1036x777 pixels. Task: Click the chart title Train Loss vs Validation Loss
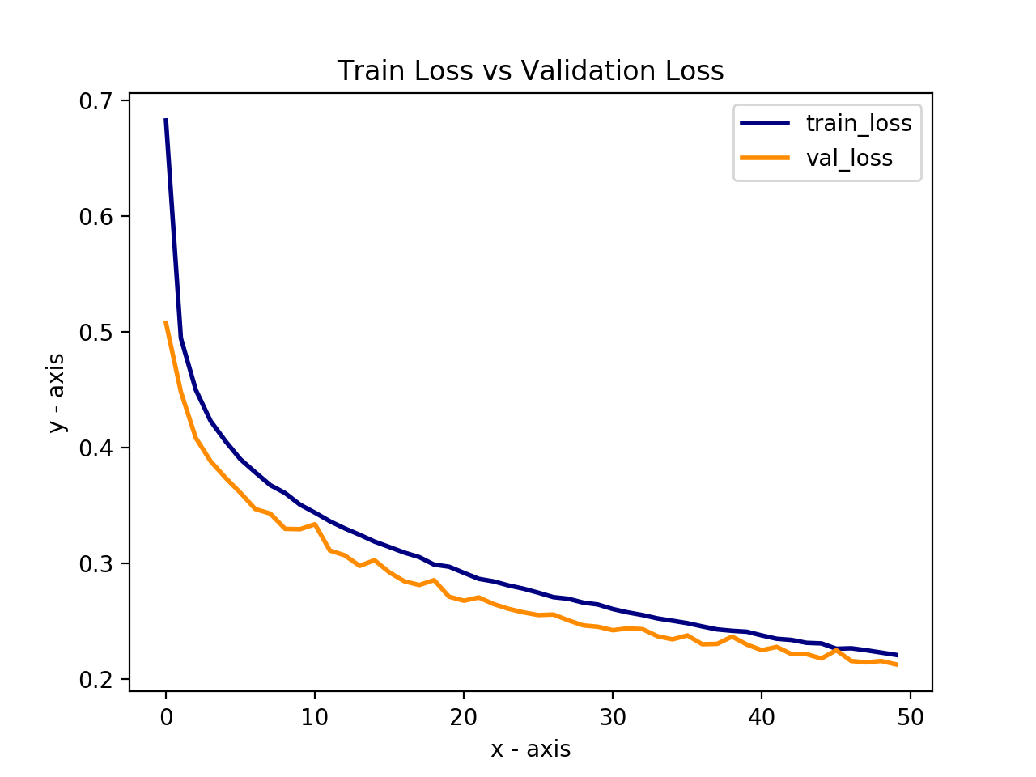click(530, 71)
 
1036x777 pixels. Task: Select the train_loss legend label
click(858, 123)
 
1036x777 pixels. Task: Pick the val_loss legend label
click(848, 158)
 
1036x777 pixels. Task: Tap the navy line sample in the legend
click(764, 123)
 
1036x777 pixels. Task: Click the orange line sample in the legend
click(764, 158)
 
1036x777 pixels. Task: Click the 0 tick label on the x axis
click(166, 717)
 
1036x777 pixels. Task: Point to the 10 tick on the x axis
click(315, 717)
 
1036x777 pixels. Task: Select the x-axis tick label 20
click(464, 717)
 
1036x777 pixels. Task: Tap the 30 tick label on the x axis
click(613, 717)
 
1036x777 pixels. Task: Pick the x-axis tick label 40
click(762, 717)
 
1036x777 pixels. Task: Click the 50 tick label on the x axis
click(911, 717)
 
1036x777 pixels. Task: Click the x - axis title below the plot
click(530, 749)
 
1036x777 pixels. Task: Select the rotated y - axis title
click(57, 393)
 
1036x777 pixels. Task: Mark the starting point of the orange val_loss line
click(166, 322)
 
